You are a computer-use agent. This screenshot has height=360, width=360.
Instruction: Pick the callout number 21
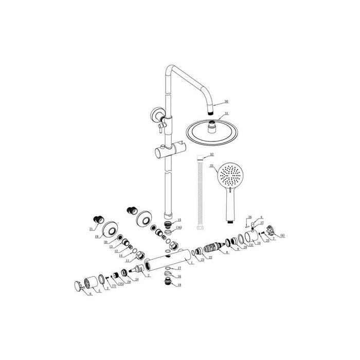(x=92, y=229)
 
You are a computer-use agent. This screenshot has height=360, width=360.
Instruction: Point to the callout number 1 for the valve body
(x=192, y=263)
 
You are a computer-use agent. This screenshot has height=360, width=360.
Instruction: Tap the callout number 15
(x=178, y=220)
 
